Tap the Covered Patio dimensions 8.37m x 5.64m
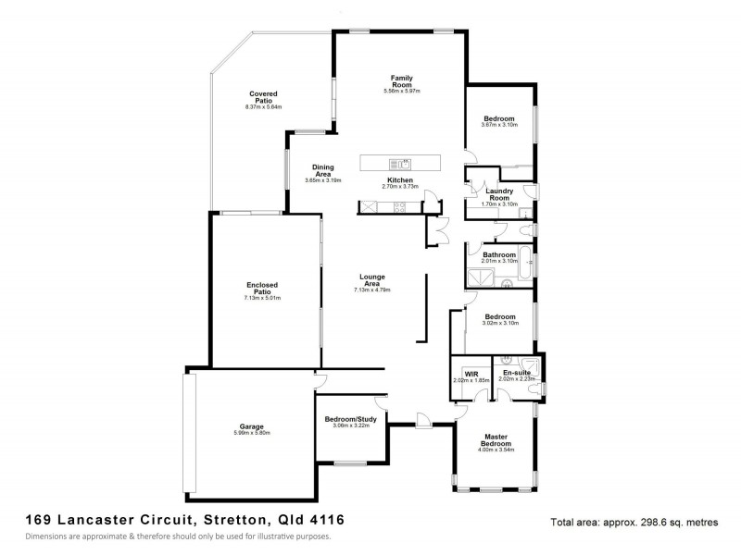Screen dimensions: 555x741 [263, 107]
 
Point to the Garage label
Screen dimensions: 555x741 [239, 426]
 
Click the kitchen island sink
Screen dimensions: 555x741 [405, 163]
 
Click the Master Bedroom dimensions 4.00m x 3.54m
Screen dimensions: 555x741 [496, 450]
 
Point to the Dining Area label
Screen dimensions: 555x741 [323, 171]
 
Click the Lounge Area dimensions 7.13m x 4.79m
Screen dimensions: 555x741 [372, 290]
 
